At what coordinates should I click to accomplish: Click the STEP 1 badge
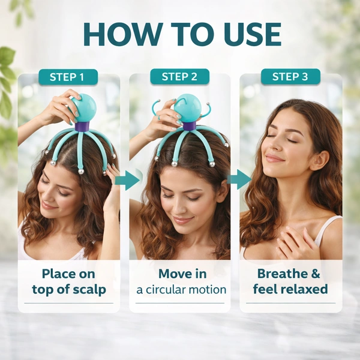pyautogui.click(x=68, y=77)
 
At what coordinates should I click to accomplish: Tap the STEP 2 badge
pyautogui.click(x=180, y=76)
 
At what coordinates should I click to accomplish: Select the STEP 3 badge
pyautogui.click(x=290, y=76)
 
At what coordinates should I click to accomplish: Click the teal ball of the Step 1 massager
pyautogui.click(x=85, y=108)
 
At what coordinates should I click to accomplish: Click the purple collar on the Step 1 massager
pyautogui.click(x=82, y=127)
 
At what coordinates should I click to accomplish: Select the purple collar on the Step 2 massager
pyautogui.click(x=190, y=125)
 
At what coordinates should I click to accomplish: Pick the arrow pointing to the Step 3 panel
pyautogui.click(x=239, y=179)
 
